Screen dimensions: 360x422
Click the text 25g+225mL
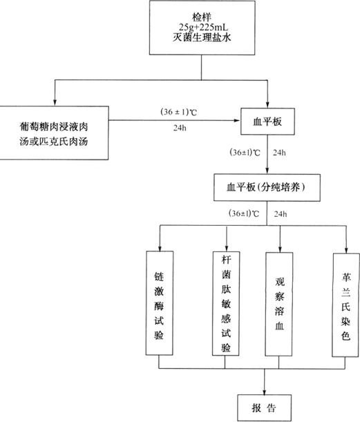coord(203,27)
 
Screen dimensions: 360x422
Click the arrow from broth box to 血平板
coord(174,120)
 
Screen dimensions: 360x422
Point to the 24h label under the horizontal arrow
coord(180,128)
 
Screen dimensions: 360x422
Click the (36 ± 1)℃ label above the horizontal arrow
coord(179,112)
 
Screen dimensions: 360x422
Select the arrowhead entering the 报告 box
coord(264,392)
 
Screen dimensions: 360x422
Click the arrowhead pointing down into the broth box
coord(55,103)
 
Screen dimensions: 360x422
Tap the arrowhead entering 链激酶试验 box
coord(160,248)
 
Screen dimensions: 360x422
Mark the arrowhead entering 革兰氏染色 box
coord(346,250)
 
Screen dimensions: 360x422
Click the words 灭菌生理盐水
coord(202,37)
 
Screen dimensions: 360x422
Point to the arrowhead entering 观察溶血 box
coord(280,249)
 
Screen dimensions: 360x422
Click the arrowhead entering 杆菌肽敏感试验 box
coord(227,249)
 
